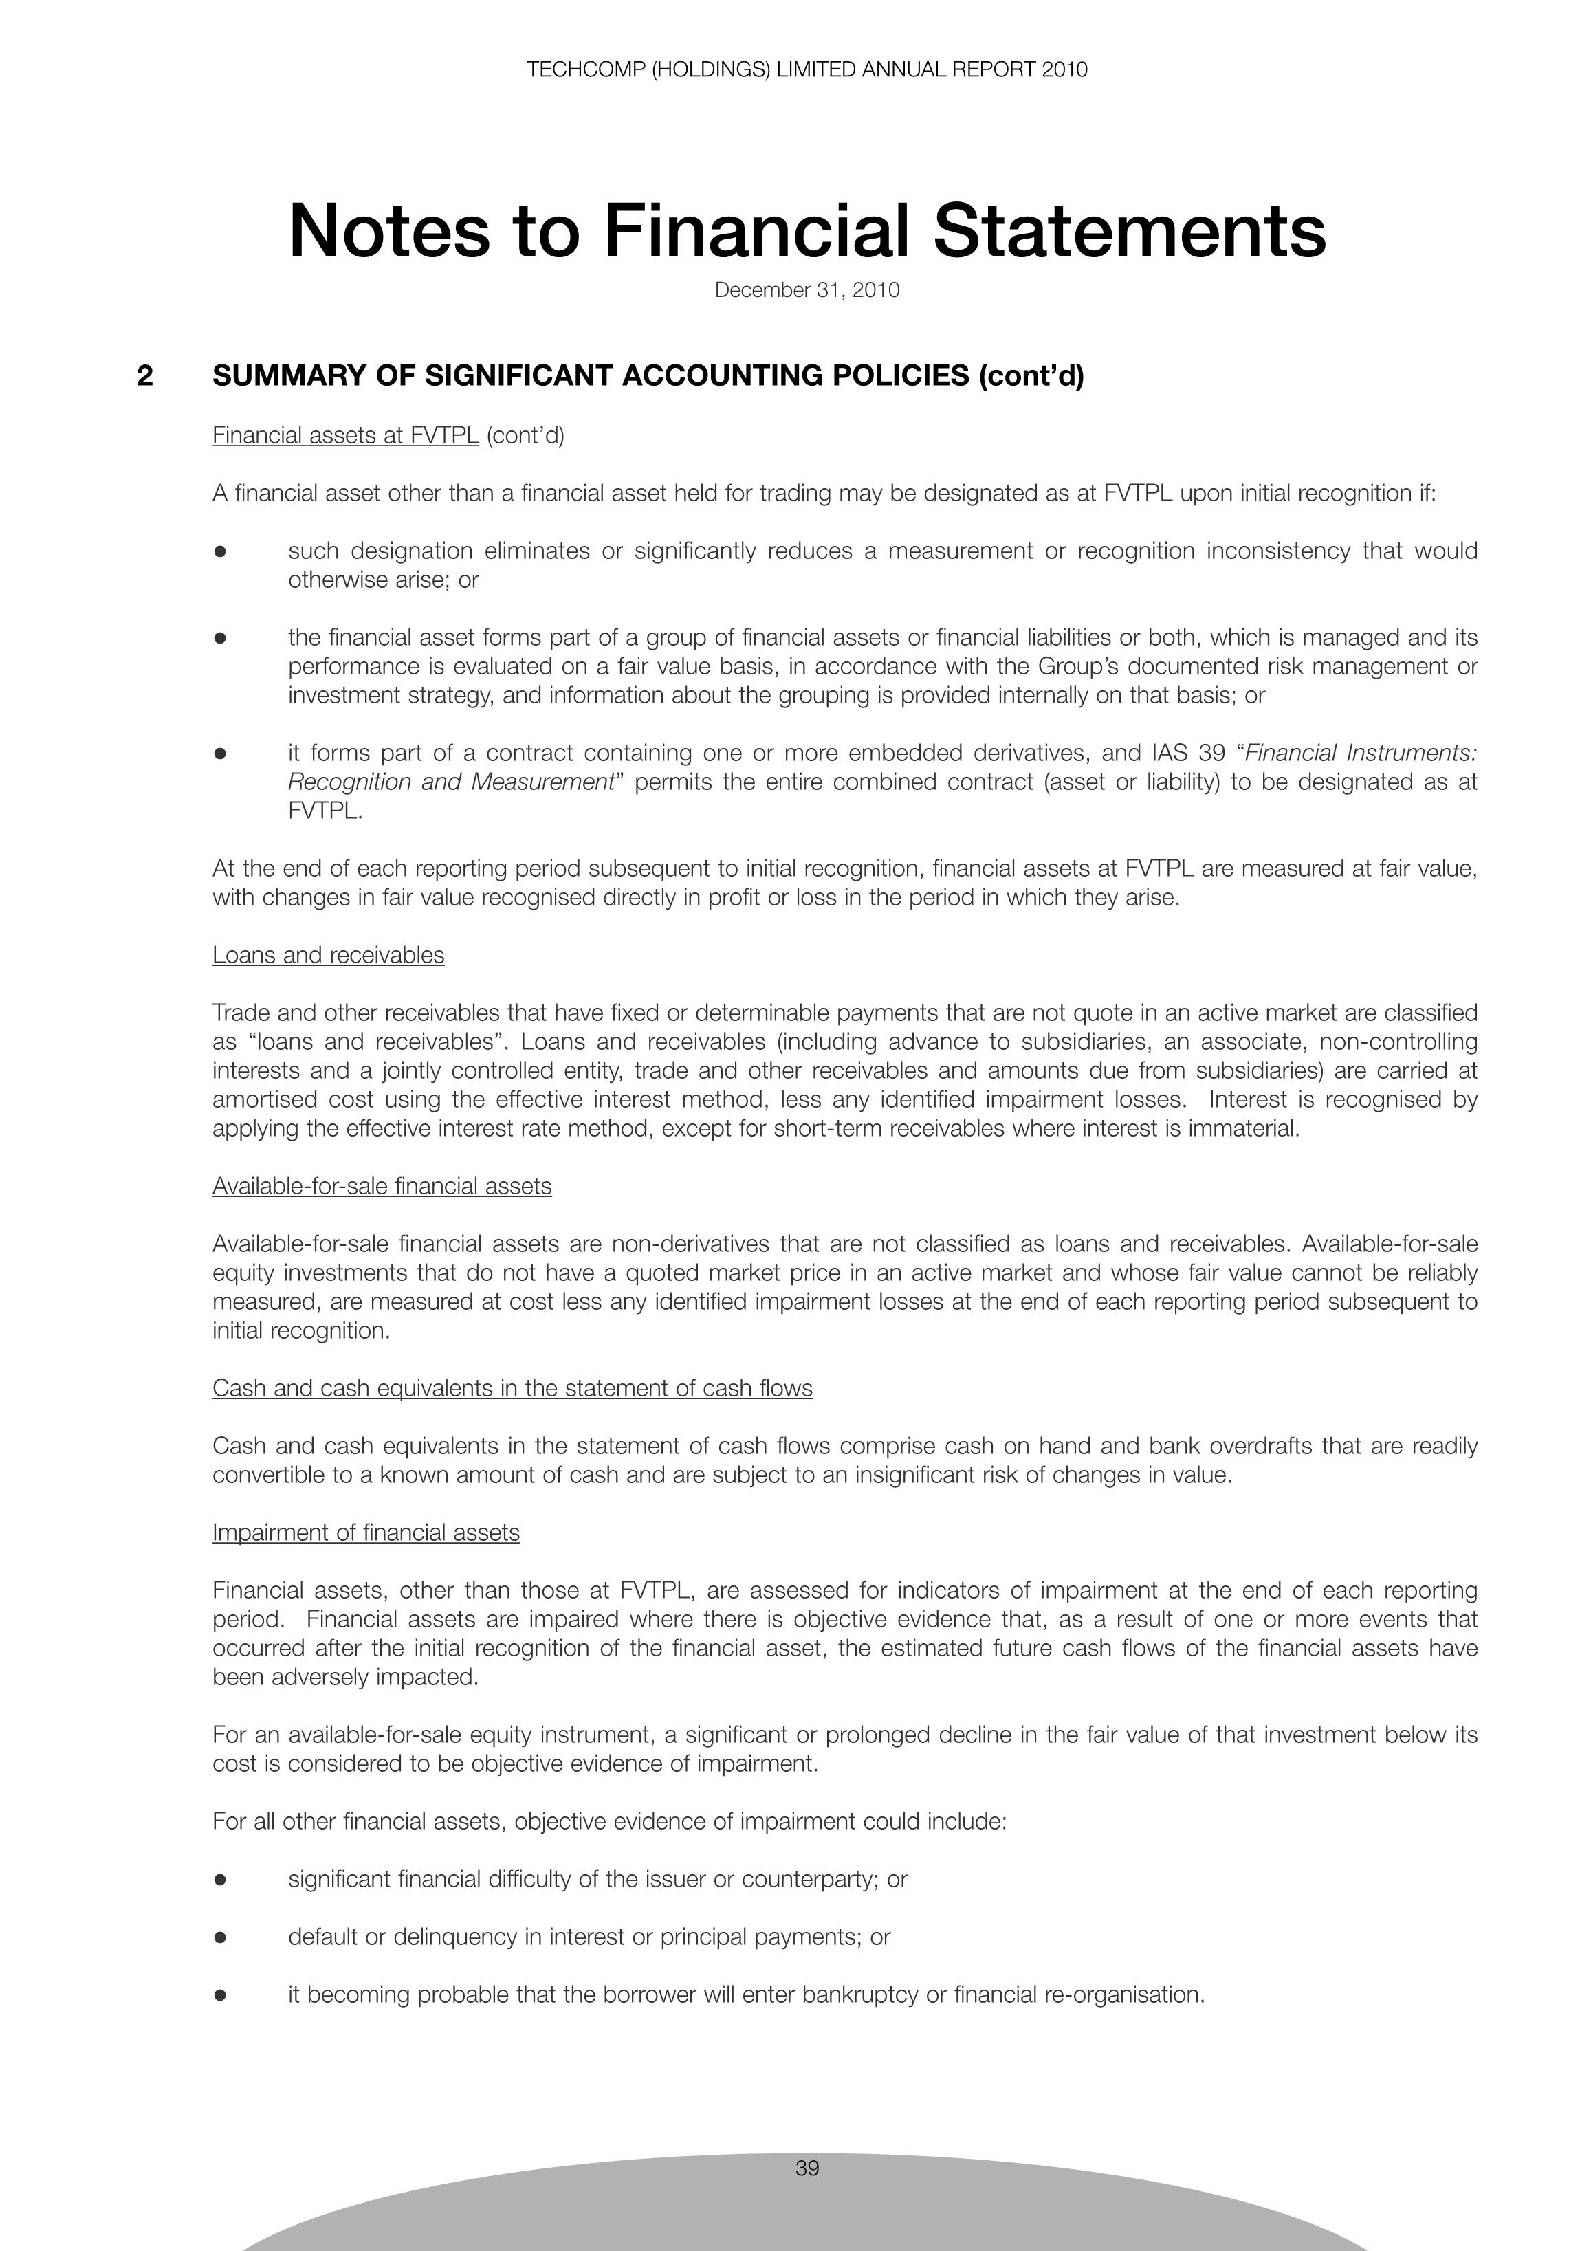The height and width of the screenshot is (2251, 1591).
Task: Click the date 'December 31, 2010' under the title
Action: tap(807, 290)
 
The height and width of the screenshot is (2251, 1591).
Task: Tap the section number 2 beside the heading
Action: tap(145, 375)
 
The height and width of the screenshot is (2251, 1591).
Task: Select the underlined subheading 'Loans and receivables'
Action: tap(329, 955)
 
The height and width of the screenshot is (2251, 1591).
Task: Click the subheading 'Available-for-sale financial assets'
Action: tap(382, 1186)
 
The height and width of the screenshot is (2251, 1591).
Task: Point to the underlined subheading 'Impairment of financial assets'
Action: tap(366, 1533)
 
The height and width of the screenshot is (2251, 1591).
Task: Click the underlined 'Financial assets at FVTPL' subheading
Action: tap(345, 435)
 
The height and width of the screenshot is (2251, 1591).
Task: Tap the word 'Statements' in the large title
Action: tap(1129, 232)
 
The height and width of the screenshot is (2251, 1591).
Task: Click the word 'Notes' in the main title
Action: tap(388, 232)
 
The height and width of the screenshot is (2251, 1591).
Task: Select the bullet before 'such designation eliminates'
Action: tap(221, 552)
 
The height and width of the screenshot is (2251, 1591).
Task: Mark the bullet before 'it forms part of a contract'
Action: tap(221, 754)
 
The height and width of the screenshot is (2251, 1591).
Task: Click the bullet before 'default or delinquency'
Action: tap(221, 1937)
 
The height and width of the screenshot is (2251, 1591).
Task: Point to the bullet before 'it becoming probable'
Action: tap(221, 1995)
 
